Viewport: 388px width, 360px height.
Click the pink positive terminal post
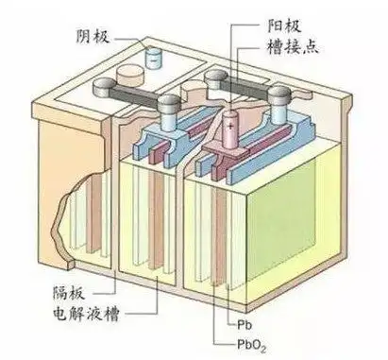(231, 130)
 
